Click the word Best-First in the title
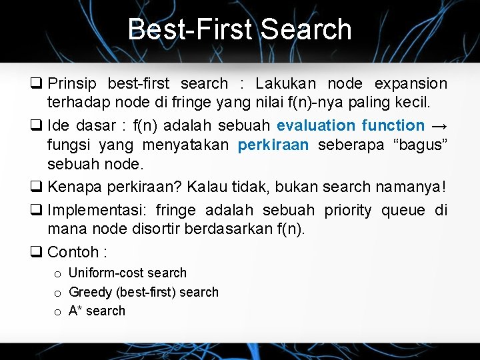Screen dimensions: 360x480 pos(189,29)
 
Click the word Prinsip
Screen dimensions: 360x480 pos(71,84)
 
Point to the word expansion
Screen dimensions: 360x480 pos(411,84)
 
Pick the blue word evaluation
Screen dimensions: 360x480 pos(316,125)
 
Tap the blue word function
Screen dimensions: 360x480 pos(393,125)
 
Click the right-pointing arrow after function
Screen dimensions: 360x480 pos(439,125)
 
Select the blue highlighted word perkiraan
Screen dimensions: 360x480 pos(273,144)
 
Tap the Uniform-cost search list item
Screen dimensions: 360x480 pos(127,273)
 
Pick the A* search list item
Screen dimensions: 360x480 pos(97,311)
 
